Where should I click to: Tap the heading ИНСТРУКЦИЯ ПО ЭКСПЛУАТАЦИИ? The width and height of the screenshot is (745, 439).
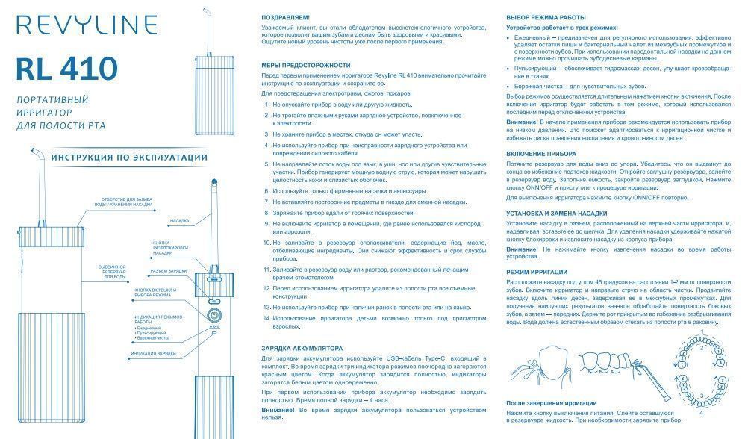tap(119, 157)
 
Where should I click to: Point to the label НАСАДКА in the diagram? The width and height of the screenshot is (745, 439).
tap(179, 221)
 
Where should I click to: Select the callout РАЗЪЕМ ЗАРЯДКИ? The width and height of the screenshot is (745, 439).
tap(169, 271)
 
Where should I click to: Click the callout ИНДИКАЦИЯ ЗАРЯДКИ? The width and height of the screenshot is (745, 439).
tap(154, 353)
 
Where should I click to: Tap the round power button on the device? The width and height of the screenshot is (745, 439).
tap(213, 314)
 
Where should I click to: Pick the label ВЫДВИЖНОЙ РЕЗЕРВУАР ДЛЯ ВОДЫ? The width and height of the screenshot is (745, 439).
tap(115, 271)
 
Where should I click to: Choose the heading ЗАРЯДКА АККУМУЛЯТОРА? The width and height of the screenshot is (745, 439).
tap(302, 348)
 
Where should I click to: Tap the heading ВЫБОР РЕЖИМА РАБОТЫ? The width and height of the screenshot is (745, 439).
tap(546, 16)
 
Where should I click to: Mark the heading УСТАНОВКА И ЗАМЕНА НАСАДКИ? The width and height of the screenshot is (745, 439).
tap(556, 214)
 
